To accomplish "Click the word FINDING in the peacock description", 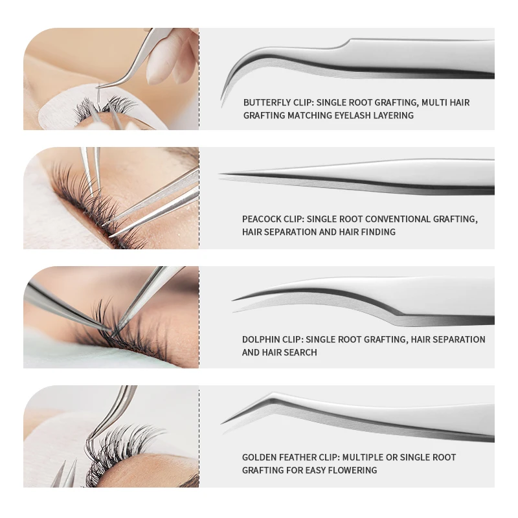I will pyautogui.click(x=377, y=232).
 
